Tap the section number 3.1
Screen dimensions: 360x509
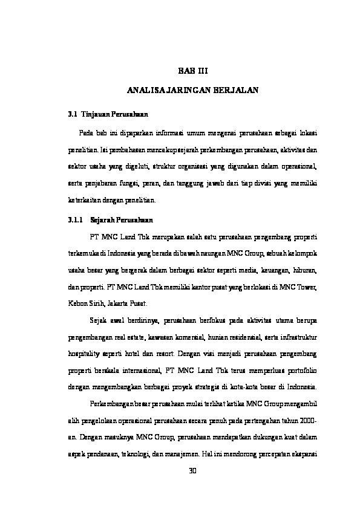72,114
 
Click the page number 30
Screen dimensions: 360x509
193,470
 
